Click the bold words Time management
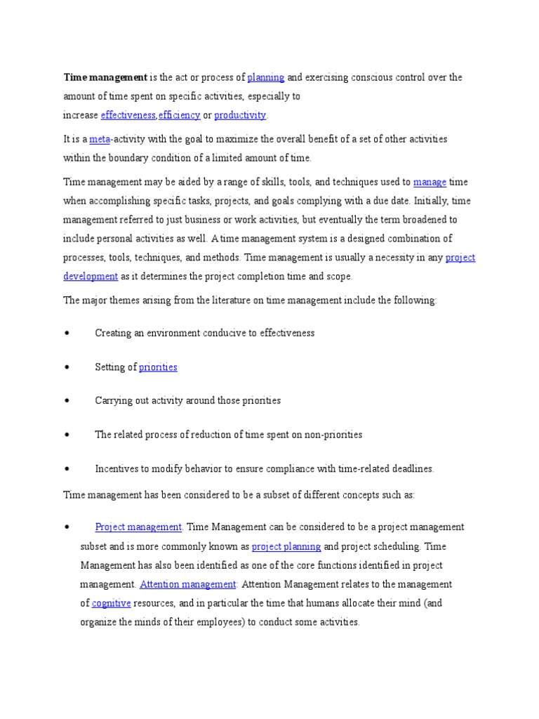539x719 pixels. coord(105,77)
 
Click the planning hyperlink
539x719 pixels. coord(266,77)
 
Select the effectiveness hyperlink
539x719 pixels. coord(128,115)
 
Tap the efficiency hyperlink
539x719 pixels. coord(179,115)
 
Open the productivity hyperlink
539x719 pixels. coord(240,115)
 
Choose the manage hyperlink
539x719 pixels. coord(430,182)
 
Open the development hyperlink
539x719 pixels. coord(91,277)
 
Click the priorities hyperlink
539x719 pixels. coord(158,367)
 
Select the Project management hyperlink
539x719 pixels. coord(138,527)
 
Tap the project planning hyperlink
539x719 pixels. coord(286,546)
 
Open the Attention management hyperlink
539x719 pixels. coord(188,584)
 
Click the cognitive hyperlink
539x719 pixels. coord(111,603)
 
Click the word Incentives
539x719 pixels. coord(117,468)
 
